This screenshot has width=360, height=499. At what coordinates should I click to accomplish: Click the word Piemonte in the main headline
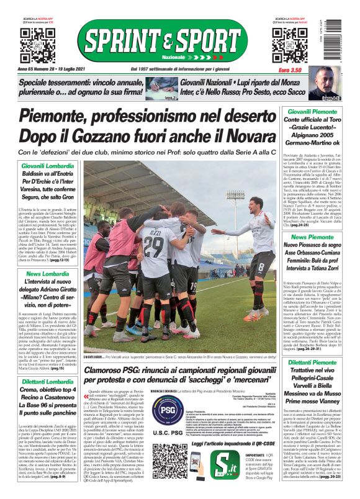(x=65, y=116)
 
